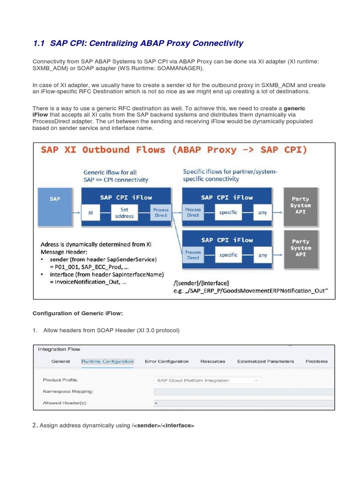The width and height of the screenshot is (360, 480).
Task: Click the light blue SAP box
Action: click(55, 206)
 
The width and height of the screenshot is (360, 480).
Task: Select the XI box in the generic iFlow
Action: click(90, 213)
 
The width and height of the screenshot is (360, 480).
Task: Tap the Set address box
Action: click(124, 213)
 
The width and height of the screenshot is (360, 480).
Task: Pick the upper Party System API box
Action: click(300, 206)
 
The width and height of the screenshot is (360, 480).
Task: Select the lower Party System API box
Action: click(300, 248)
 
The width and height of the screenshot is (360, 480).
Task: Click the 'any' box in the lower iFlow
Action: click(262, 255)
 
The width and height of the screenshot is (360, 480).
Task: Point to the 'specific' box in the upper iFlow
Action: click(228, 212)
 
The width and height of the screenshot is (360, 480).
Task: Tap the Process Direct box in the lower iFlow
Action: click(193, 255)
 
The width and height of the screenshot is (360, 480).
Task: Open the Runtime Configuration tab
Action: click(107, 361)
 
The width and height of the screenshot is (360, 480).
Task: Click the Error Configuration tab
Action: click(166, 361)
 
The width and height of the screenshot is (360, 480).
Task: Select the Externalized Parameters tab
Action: click(265, 361)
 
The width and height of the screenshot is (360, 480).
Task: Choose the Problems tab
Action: click(316, 361)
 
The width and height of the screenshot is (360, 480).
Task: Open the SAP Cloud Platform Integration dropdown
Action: click(208, 380)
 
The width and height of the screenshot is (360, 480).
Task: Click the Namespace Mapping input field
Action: click(244, 391)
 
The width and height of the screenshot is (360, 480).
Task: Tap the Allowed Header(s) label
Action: click(65, 403)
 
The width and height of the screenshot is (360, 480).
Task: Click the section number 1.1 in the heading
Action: click(38, 44)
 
